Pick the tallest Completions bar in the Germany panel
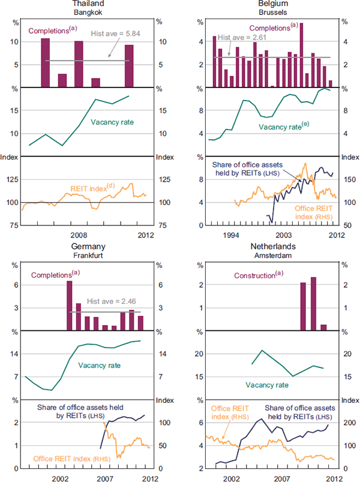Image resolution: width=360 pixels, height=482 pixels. pyautogui.click(x=70, y=305)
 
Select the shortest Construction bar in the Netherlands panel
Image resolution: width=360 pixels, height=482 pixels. pyautogui.click(x=323, y=327)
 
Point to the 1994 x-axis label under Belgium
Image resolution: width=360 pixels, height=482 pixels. pyautogui.click(x=232, y=235)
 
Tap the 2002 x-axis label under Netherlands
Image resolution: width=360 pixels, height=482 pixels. pyautogui.click(x=232, y=478)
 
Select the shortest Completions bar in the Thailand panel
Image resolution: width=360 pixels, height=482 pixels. pyautogui.click(x=95, y=83)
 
